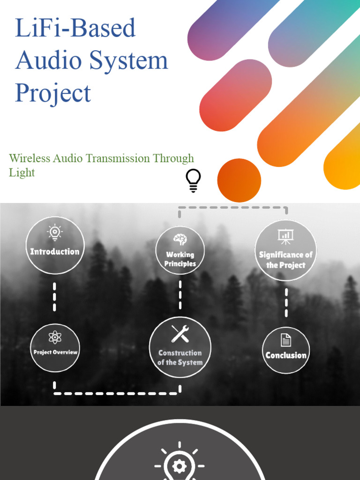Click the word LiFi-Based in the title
pyautogui.click(x=75, y=28)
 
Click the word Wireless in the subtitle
pyautogui.click(x=29, y=158)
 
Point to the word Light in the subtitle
pyautogui.click(x=22, y=172)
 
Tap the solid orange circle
pyautogui.click(x=239, y=180)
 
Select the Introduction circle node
pyautogui.click(x=55, y=245)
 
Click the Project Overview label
pyautogui.click(x=55, y=352)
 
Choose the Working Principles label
pyautogui.click(x=180, y=259)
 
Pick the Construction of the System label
pyautogui.click(x=180, y=358)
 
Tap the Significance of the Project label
pyautogui.click(x=285, y=260)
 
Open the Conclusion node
pyautogui.click(x=286, y=355)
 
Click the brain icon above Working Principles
pyautogui.click(x=180, y=240)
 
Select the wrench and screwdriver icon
pyautogui.click(x=180, y=334)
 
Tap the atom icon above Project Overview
pyautogui.click(x=55, y=337)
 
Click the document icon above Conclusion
pyautogui.click(x=285, y=340)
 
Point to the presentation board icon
pyautogui.click(x=285, y=236)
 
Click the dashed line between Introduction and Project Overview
pyautogui.click(x=55, y=297)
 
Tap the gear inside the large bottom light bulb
pyautogui.click(x=180, y=466)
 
